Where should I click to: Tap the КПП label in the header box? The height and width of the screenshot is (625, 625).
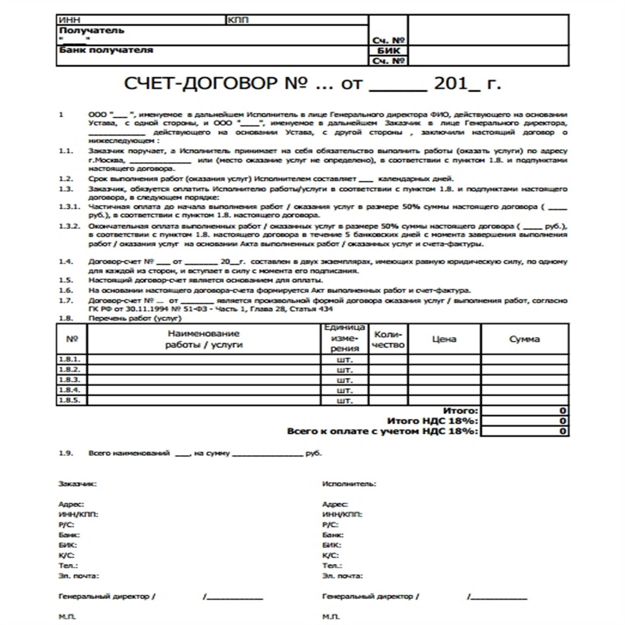click(238, 20)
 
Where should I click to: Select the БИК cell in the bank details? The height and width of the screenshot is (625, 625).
click(388, 51)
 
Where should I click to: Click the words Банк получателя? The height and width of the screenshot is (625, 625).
click(106, 51)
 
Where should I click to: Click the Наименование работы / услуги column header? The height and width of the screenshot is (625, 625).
click(204, 339)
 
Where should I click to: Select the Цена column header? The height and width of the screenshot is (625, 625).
click(444, 339)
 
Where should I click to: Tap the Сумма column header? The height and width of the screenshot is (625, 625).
click(524, 339)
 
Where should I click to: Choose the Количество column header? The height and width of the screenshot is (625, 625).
click(389, 339)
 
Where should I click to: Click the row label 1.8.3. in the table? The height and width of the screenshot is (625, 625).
click(70, 380)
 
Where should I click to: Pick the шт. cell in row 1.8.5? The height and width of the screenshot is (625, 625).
click(345, 401)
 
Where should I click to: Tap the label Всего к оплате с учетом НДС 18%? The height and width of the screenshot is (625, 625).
click(382, 431)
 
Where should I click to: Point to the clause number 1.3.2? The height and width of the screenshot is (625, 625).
click(70, 226)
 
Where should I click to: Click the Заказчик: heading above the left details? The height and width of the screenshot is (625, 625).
click(78, 484)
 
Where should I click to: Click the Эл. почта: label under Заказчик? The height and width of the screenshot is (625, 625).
click(79, 576)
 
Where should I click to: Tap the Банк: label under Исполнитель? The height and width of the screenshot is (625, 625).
click(333, 535)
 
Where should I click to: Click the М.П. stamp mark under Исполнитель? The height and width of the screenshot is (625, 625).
click(331, 617)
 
